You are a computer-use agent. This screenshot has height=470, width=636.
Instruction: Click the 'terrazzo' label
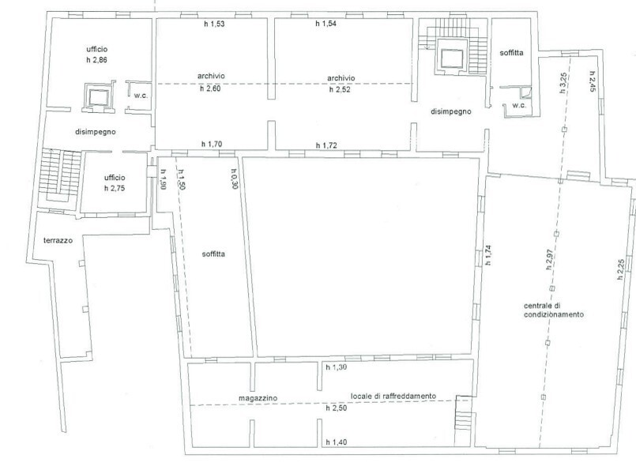pyautogui.click(x=58, y=240)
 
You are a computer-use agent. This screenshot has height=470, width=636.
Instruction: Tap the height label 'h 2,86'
pyautogui.click(x=96, y=60)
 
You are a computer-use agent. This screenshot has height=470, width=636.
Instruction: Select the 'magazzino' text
pyautogui.click(x=258, y=398)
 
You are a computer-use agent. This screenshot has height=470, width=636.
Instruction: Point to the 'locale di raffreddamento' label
pyautogui.click(x=393, y=397)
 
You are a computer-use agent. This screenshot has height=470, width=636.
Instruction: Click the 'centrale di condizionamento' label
pyautogui.click(x=554, y=310)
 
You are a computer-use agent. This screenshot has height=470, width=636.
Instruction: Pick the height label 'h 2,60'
pyautogui.click(x=210, y=88)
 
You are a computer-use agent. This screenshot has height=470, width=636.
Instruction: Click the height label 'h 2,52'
pyautogui.click(x=340, y=89)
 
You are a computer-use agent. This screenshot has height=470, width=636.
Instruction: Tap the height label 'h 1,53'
pyautogui.click(x=214, y=24)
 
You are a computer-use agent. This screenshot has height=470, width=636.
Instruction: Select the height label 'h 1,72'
pyautogui.click(x=326, y=145)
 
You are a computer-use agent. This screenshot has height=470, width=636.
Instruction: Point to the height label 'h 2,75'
pyautogui.click(x=115, y=188)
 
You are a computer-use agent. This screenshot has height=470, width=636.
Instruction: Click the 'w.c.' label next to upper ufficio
pyautogui.click(x=141, y=96)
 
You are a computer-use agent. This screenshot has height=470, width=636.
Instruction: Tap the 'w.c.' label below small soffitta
pyautogui.click(x=519, y=105)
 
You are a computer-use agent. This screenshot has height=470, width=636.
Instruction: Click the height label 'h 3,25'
pyautogui.click(x=563, y=83)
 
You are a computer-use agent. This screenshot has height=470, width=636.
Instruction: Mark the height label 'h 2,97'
pyautogui.click(x=550, y=260)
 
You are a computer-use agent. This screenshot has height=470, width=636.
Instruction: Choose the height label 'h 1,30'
pyautogui.click(x=337, y=367)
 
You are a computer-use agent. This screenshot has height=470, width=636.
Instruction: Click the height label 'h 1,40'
pyautogui.click(x=337, y=442)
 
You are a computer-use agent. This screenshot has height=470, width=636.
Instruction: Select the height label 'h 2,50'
pyautogui.click(x=337, y=408)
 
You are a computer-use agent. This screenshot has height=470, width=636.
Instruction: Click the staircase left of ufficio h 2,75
pyautogui.click(x=61, y=176)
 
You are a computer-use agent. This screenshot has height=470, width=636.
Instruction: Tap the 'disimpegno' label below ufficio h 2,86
pyautogui.click(x=96, y=132)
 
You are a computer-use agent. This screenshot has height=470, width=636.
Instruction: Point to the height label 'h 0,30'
pyautogui.click(x=235, y=179)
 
